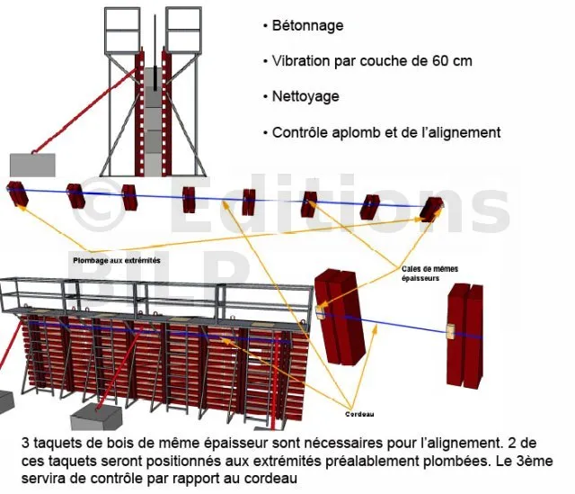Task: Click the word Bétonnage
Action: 308,25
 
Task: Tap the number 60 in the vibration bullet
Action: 430,61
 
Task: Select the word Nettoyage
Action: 306,96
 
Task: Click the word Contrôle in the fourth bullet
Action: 304,132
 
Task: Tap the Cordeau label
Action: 361,415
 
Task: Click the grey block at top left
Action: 32,166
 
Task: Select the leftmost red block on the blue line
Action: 17,192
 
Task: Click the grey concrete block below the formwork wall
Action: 97,416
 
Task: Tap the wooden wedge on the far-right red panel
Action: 450,330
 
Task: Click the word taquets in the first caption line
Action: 65,443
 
